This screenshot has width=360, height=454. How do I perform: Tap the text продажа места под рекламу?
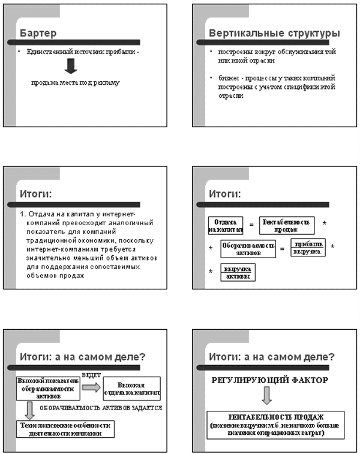tap(76, 82)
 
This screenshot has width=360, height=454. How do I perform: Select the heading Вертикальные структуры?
tap(274, 33)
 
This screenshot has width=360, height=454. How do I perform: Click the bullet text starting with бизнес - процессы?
tap(277, 86)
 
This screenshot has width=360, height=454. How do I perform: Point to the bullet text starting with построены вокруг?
tap(277, 56)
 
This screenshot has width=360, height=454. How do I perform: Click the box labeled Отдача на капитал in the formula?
tap(226, 225)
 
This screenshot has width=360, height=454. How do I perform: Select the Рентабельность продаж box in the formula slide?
tap(287, 225)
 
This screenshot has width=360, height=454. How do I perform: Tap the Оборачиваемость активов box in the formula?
tap(248, 249)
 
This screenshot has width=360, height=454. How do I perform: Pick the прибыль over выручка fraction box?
tap(308, 247)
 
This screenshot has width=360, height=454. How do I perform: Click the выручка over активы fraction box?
tap(237, 272)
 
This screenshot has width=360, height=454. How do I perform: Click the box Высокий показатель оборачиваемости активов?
tap(47, 387)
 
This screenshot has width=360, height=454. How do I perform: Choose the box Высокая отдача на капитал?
tap(131, 388)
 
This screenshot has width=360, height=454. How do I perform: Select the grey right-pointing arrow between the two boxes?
tap(91, 388)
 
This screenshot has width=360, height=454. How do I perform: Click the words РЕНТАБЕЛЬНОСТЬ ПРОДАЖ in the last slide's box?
tap(276, 417)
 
